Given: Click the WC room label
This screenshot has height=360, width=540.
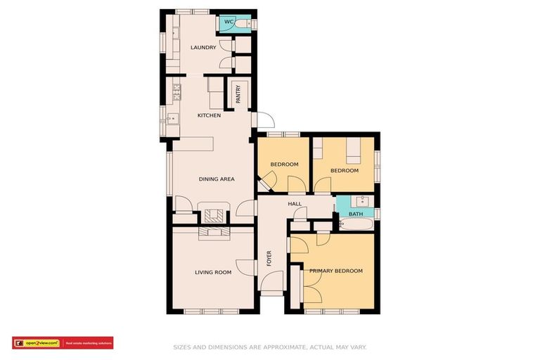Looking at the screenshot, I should tap(228, 22).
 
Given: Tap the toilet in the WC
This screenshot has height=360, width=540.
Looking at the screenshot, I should tap(242, 24).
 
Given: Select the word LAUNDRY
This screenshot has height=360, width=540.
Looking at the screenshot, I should tap(203, 48).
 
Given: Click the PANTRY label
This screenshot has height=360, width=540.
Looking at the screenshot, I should tap(238, 95).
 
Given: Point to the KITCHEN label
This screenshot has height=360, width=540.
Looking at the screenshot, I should tap(209, 115).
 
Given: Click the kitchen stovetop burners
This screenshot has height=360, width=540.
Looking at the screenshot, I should tap(176, 91).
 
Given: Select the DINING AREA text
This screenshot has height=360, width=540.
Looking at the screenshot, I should tap(217, 179).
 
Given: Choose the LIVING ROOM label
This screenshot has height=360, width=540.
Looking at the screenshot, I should tap(213, 272).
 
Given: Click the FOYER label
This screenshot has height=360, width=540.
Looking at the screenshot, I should tap(269, 259).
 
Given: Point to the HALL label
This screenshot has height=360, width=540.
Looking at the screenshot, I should tap(294, 204).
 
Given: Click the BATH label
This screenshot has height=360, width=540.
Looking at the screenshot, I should tap(355, 214).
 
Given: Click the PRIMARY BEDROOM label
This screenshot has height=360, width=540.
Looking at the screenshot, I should tap(336, 271).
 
